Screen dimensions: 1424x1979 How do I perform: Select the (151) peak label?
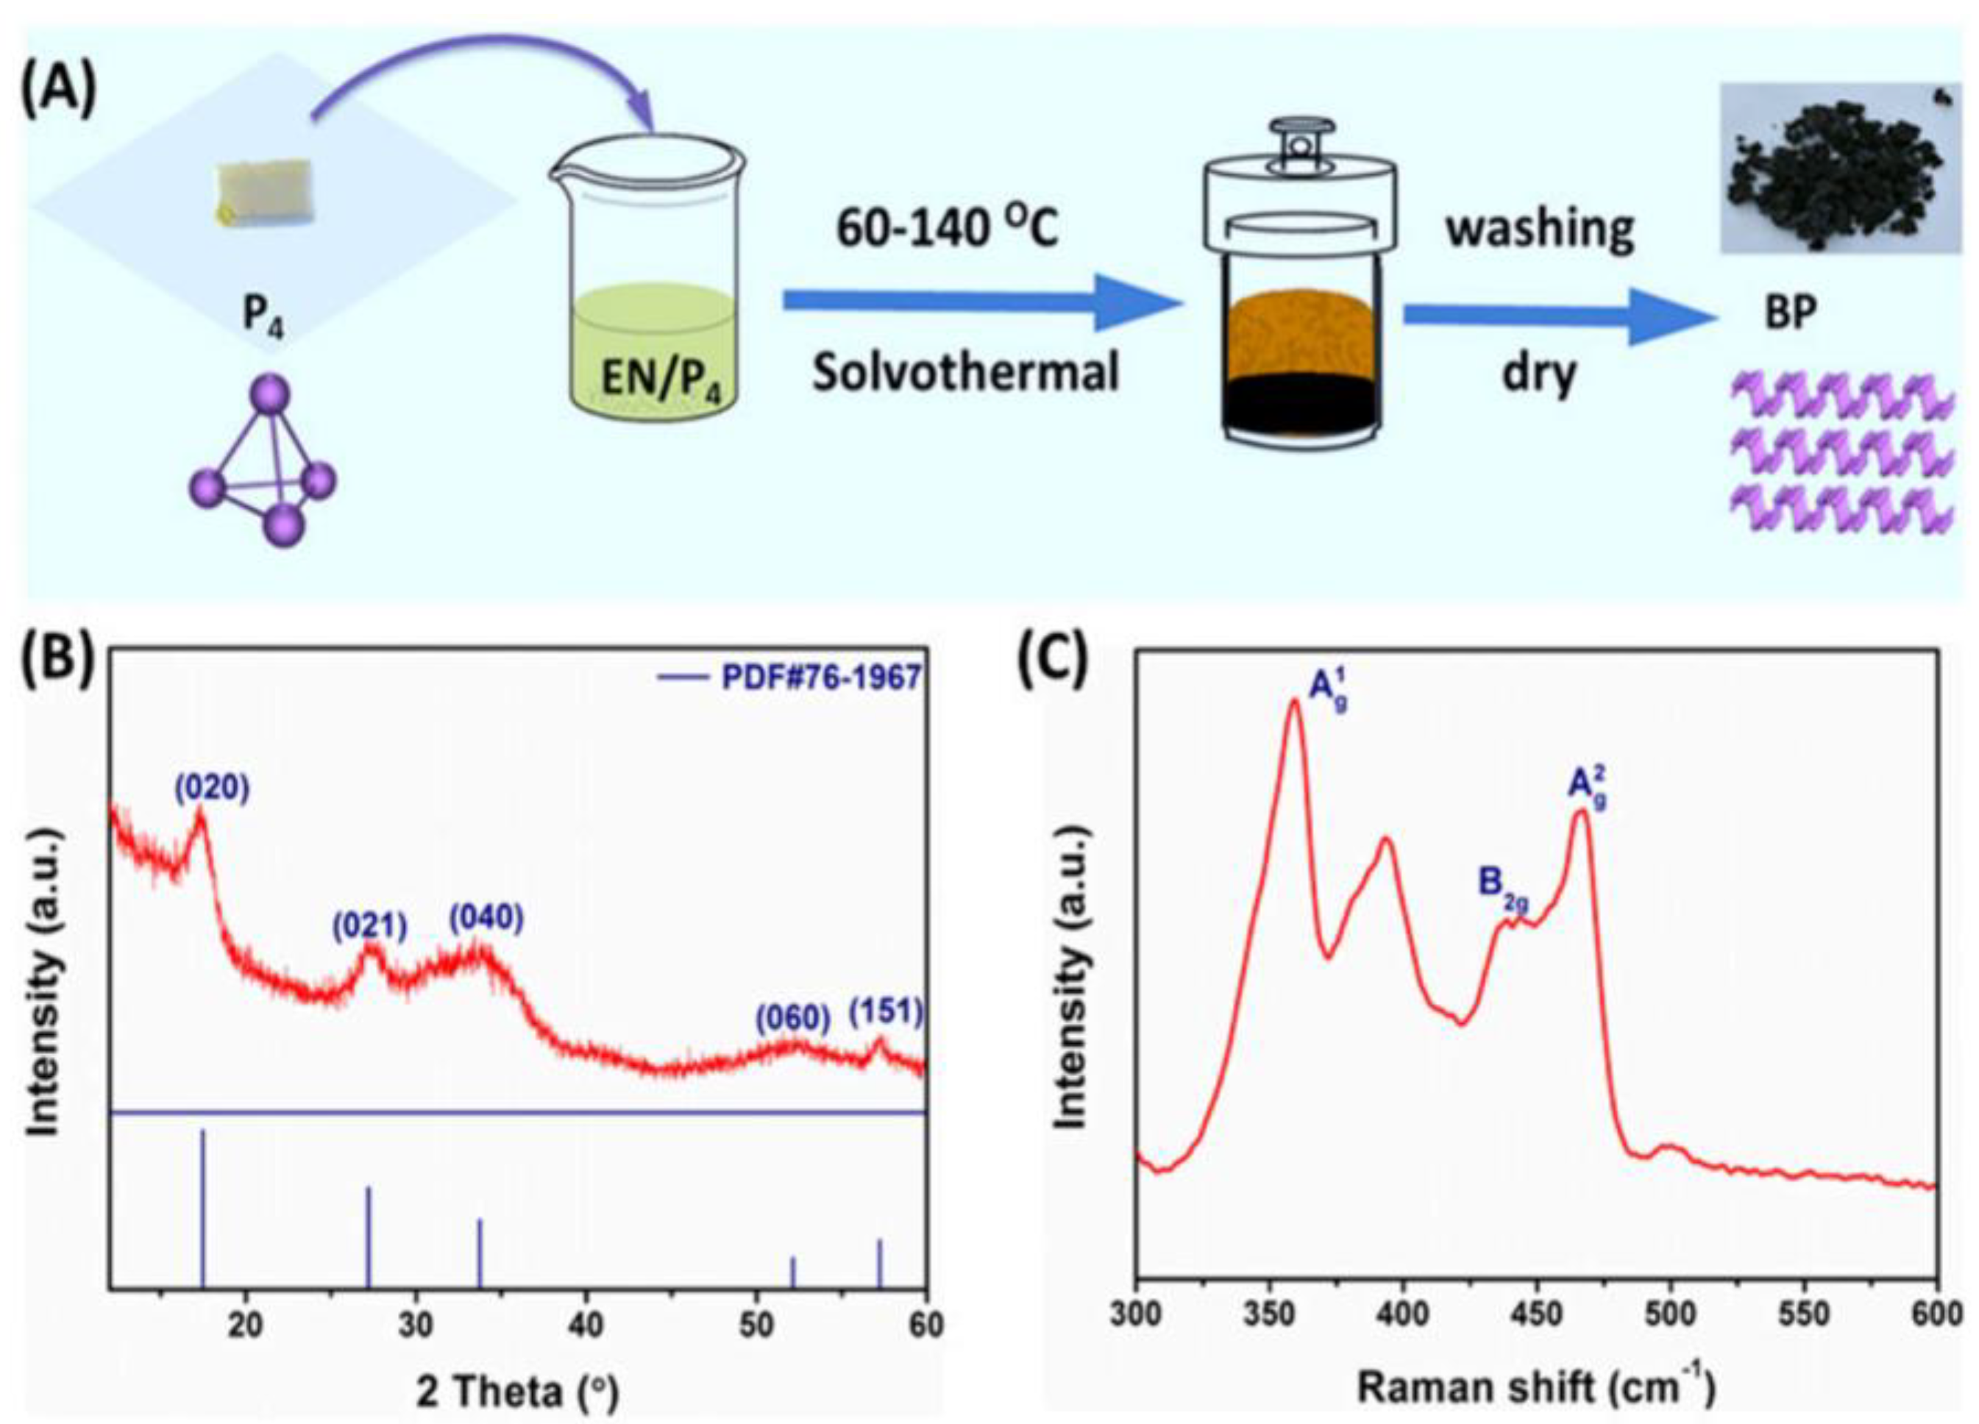pos(886,1012)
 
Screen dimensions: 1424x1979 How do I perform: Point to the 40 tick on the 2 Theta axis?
pos(586,1325)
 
